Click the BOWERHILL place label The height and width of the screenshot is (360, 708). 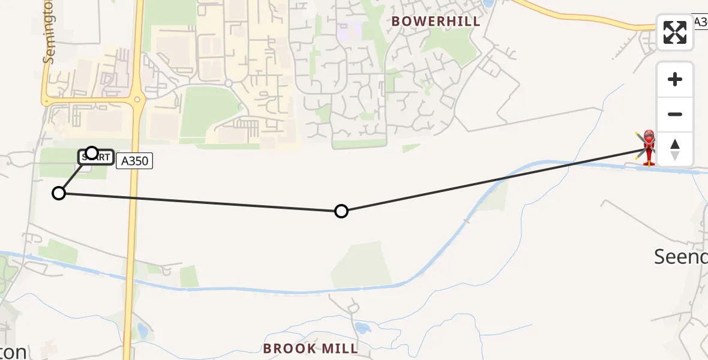tap(436, 22)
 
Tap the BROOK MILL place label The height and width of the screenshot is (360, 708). tap(311, 348)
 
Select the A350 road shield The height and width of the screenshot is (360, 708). tap(135, 161)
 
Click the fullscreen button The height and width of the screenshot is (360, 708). tap(675, 32)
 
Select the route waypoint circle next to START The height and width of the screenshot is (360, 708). tap(92, 152)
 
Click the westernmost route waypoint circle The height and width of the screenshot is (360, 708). tap(59, 193)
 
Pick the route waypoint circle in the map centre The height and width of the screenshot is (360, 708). tap(341, 211)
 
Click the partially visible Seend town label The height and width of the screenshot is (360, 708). tap(680, 257)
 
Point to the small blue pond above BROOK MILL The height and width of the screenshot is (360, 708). tap(362, 328)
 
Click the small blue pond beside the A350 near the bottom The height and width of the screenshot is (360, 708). tap(142, 331)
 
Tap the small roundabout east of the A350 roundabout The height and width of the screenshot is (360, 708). tap(228, 83)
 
